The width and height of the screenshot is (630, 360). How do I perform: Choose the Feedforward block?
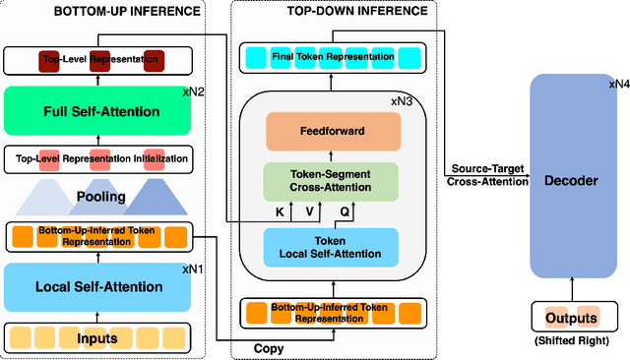point(332,130)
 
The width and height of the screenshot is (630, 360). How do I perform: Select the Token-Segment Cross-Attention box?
point(332,182)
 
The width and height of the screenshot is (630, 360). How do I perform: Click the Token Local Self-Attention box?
point(332,246)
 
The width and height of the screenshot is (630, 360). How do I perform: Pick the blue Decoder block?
point(573,180)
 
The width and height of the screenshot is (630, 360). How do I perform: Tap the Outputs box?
point(573,317)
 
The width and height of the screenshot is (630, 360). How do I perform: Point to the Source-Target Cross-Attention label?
point(485,174)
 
